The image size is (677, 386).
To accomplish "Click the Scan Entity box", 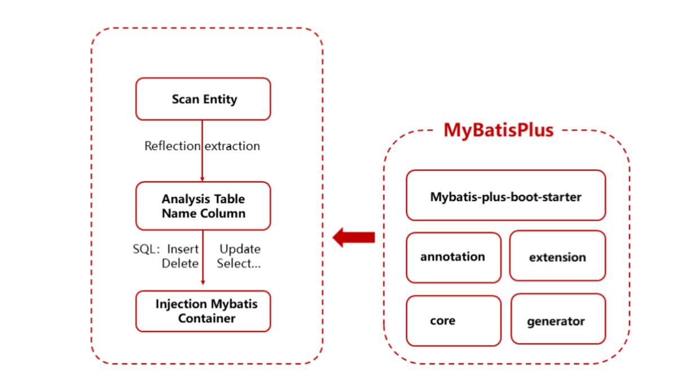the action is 203,99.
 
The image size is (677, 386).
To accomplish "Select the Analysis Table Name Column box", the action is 203,206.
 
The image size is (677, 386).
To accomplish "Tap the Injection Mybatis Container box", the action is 203,312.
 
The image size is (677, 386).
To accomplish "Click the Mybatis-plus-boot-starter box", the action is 505,196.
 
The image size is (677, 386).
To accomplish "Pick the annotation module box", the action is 454,257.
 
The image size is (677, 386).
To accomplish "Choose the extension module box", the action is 557,256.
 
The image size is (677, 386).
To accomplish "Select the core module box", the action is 454,321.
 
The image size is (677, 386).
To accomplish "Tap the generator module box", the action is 558,319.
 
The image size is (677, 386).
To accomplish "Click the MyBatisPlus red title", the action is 498,130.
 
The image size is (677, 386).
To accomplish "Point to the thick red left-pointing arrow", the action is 354,237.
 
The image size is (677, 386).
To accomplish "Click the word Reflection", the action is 172,146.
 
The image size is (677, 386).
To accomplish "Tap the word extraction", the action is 232,146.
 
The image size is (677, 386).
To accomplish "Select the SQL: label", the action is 146,249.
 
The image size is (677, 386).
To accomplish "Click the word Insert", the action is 183,249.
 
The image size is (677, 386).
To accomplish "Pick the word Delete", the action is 180,264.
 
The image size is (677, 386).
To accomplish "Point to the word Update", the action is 240,249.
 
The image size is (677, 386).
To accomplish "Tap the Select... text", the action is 239,264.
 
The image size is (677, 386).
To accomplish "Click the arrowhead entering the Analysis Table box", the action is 202,179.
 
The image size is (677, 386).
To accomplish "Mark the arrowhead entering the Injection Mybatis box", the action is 203,282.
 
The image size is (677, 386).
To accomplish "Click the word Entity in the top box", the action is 220,99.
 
